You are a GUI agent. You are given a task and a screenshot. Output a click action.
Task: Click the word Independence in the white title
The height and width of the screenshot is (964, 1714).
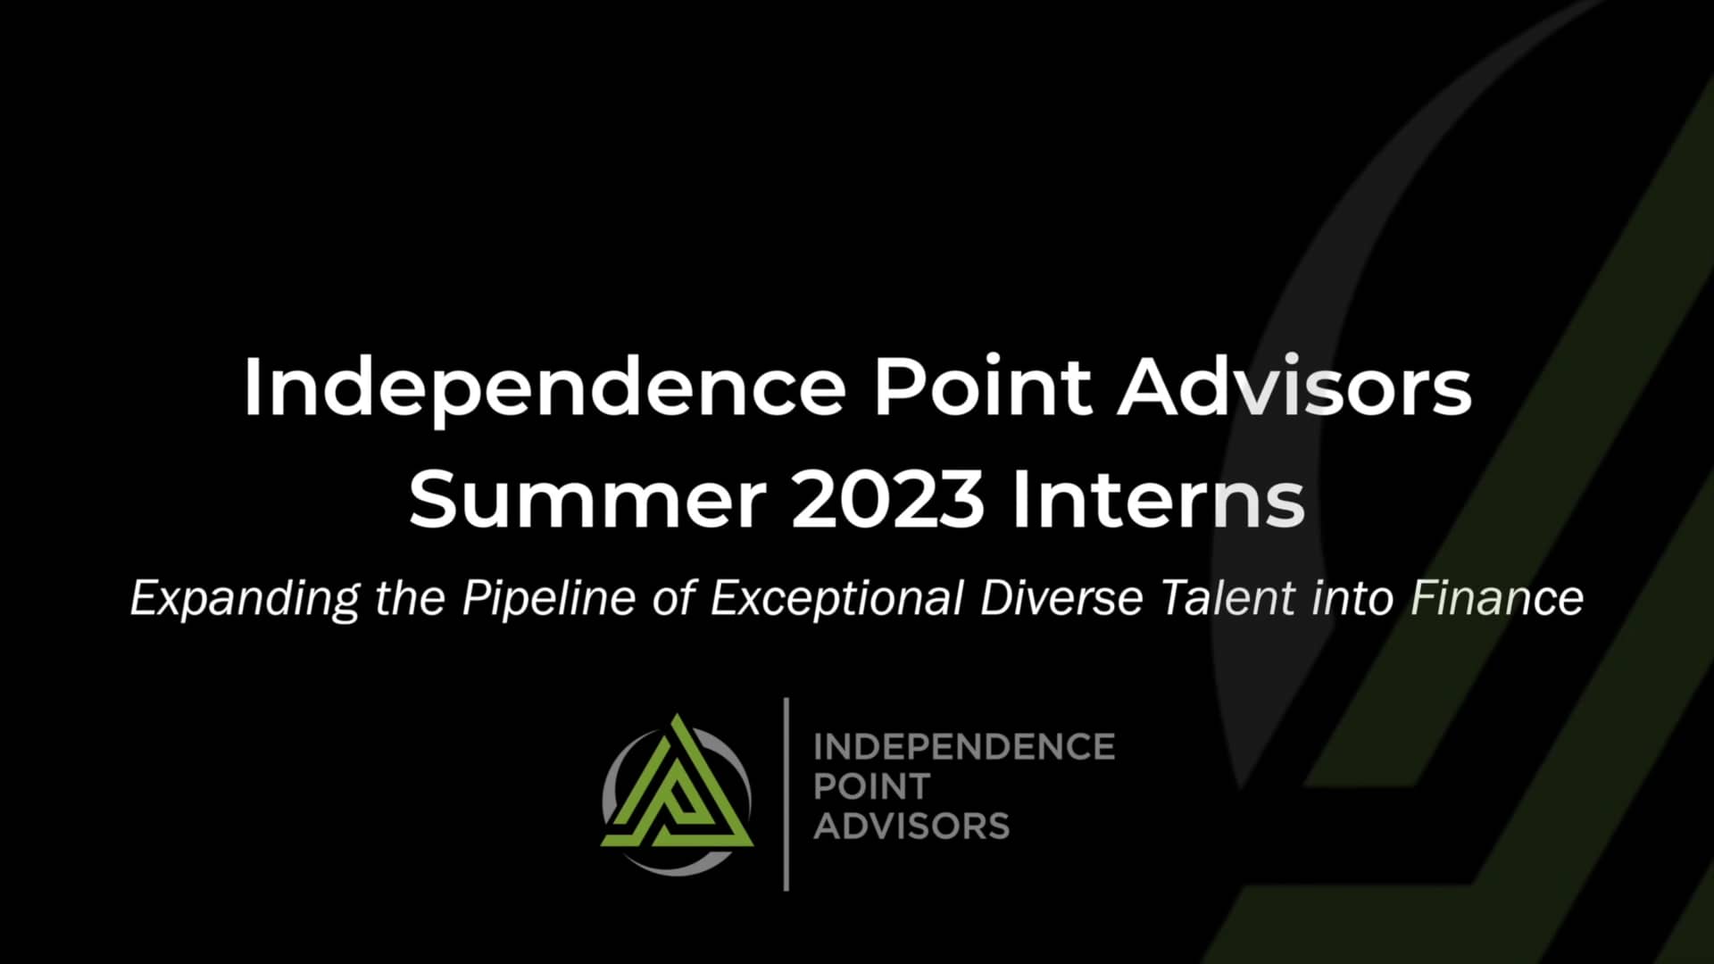click(x=545, y=388)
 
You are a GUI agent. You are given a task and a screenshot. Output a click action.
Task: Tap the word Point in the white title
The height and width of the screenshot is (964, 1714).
click(x=982, y=388)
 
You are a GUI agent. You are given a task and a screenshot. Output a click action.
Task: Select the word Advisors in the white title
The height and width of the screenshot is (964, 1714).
click(x=1294, y=388)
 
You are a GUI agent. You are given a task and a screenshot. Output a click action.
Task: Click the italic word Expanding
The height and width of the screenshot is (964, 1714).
click(x=245, y=599)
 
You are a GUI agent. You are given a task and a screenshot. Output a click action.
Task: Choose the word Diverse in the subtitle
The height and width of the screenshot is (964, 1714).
click(x=1061, y=597)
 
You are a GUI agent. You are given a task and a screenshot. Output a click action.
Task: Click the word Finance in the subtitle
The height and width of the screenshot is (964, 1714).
click(x=1497, y=597)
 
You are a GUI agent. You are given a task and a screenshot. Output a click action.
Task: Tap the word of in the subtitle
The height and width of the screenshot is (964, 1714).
click(x=673, y=597)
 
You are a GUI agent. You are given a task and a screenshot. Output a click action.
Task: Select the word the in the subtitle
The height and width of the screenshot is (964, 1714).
click(x=410, y=597)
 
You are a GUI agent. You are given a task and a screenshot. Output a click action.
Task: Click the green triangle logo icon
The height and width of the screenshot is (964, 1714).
click(x=677, y=790)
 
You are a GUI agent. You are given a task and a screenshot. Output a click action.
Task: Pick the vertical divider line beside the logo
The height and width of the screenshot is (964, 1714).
click(x=786, y=794)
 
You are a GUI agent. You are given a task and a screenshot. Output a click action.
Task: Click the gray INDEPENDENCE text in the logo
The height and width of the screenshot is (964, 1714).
click(x=964, y=747)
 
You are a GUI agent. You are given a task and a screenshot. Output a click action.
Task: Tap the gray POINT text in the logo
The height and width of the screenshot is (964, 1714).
click(x=872, y=786)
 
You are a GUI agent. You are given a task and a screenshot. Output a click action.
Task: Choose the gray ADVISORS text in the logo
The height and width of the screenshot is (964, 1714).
click(x=911, y=826)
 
